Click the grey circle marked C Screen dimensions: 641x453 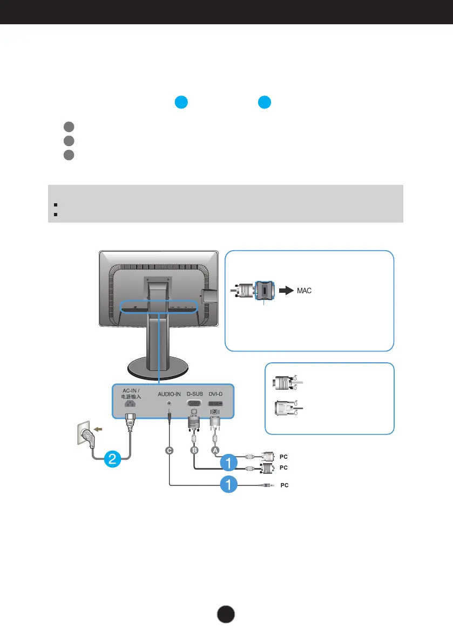click(170, 451)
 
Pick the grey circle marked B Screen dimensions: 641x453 click(193, 451)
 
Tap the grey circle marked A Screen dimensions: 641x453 click(215, 451)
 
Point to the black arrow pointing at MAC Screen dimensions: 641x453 click(287, 291)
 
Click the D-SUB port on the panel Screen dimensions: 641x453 click(195, 403)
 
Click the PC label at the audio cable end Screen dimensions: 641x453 click(284, 485)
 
